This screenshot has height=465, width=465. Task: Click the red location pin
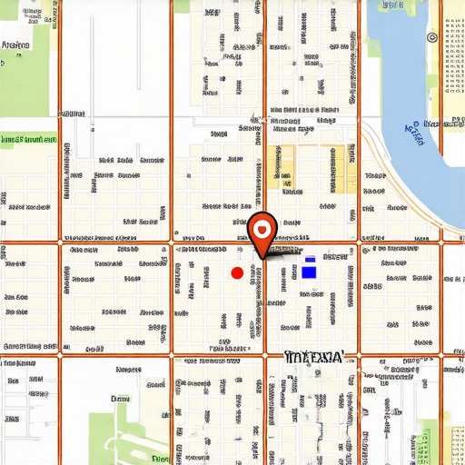262,232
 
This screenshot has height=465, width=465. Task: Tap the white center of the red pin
262,226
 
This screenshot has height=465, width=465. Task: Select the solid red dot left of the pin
237,272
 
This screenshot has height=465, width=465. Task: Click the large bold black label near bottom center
313,357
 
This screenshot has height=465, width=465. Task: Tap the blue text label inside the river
415,134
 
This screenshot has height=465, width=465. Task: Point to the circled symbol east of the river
431,37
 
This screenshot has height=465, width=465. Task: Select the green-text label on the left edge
27,140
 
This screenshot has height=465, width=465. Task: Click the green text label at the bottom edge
160,460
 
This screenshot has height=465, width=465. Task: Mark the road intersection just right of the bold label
359,354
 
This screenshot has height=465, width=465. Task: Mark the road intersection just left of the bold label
264,354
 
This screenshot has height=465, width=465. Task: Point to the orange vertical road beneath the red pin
264,309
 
